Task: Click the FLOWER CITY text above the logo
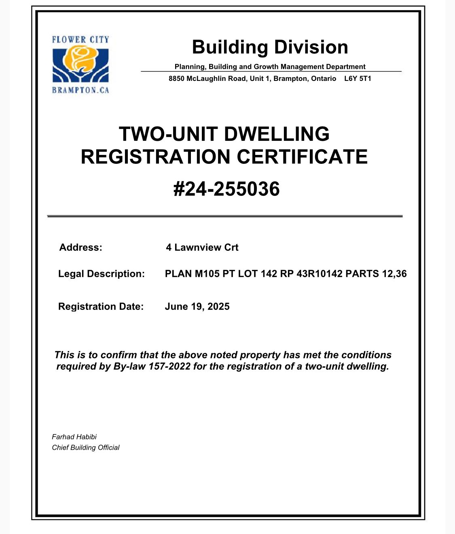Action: [80, 40]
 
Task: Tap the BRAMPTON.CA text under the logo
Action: [80, 90]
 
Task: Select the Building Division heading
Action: [270, 47]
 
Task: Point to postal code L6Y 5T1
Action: [358, 78]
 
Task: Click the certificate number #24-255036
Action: [226, 189]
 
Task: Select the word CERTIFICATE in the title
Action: [302, 157]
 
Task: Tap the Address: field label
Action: [81, 248]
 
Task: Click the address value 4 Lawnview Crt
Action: [202, 248]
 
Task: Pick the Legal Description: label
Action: [101, 274]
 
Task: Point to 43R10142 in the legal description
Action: [320, 274]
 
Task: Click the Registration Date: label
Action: [101, 307]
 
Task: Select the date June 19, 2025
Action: [197, 307]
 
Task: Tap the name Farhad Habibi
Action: [74, 437]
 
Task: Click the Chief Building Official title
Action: [85, 447]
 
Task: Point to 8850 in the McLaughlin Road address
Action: [176, 78]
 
